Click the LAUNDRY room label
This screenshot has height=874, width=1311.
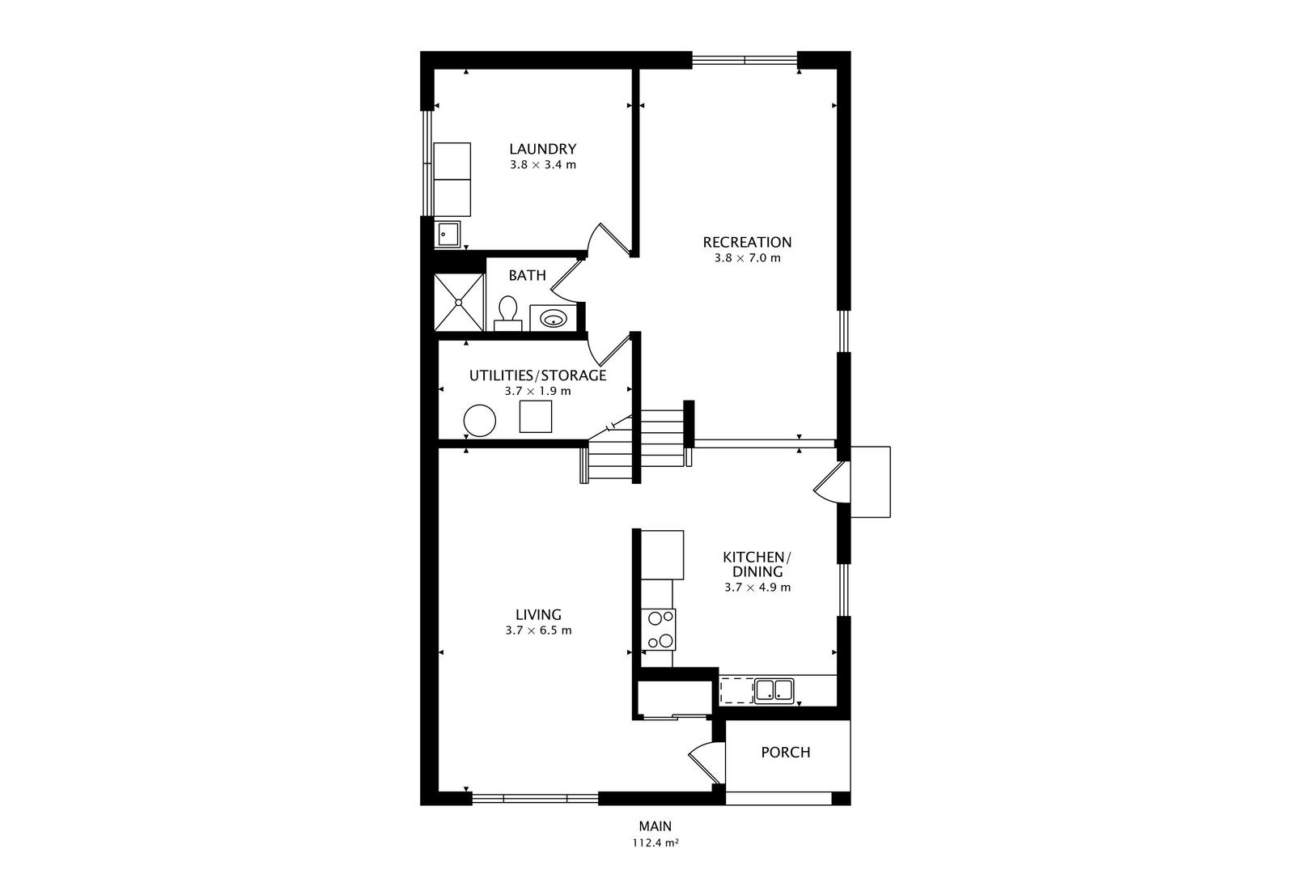coord(542,149)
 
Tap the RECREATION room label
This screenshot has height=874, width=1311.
coord(747,242)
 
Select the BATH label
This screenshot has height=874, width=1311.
coord(527,275)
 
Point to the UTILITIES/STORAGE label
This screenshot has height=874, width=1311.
coord(537,375)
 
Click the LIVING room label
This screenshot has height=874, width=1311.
coord(538,615)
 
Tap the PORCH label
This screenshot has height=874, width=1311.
coord(786,753)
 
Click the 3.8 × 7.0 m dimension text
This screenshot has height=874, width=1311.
coord(748,258)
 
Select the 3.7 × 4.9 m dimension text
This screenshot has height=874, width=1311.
coord(757,588)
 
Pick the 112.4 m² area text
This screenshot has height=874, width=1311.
coord(655,843)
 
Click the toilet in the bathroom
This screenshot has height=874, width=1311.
coord(507,314)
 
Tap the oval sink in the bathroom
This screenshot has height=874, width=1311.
coord(553,319)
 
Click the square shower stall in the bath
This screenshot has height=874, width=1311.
coord(459,302)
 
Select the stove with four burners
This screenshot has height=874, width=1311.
coord(659,630)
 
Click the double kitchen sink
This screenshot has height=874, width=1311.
coord(774,690)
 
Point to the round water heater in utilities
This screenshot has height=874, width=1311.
coord(479,420)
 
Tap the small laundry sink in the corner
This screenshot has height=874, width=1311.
coord(448,234)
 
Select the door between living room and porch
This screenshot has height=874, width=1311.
coord(705,763)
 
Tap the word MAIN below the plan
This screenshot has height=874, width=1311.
coord(655,826)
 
